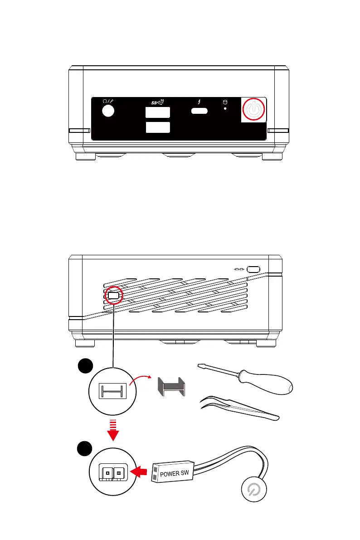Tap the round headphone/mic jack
107,111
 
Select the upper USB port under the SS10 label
158,112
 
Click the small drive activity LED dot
225,108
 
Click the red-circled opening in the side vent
113,295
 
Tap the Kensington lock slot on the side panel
253,269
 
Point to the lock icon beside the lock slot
239,269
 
